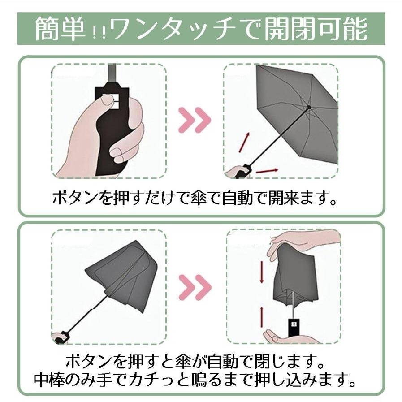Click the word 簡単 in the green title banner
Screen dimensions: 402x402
pyautogui.click(x=60, y=28)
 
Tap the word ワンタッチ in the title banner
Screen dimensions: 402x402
pyautogui.click(x=173, y=29)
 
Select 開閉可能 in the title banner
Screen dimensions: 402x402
pyautogui.click(x=316, y=28)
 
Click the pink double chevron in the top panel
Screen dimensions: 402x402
pyautogui.click(x=195, y=120)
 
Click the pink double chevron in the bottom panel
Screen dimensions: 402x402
pyautogui.click(x=195, y=287)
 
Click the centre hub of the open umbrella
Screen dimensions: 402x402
pyautogui.click(x=309, y=107)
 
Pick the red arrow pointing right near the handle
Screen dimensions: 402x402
pyautogui.click(x=267, y=171)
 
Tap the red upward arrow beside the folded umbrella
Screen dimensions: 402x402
pyautogui.click(x=262, y=317)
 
